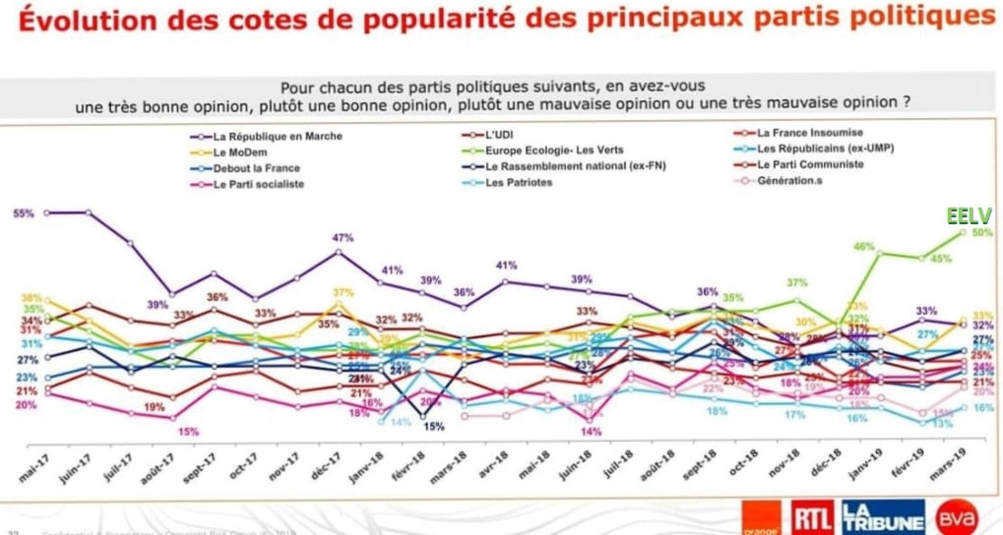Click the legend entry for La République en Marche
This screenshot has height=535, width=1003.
click(x=277, y=136)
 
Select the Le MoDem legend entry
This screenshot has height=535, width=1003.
click(x=240, y=152)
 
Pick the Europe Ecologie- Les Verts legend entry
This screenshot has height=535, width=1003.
click(x=553, y=150)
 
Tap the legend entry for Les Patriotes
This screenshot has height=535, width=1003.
click(x=518, y=183)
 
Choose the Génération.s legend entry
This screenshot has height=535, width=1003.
click(x=789, y=180)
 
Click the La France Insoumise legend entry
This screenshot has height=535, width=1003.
click(x=810, y=133)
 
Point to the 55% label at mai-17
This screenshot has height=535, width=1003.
click(x=24, y=213)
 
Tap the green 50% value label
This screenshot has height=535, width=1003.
click(x=982, y=233)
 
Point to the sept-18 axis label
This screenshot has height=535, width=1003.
click(x=699, y=465)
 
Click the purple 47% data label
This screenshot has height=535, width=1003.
click(x=343, y=238)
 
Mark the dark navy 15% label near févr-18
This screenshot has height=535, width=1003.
click(x=434, y=427)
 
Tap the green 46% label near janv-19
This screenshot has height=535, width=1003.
click(x=864, y=247)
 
